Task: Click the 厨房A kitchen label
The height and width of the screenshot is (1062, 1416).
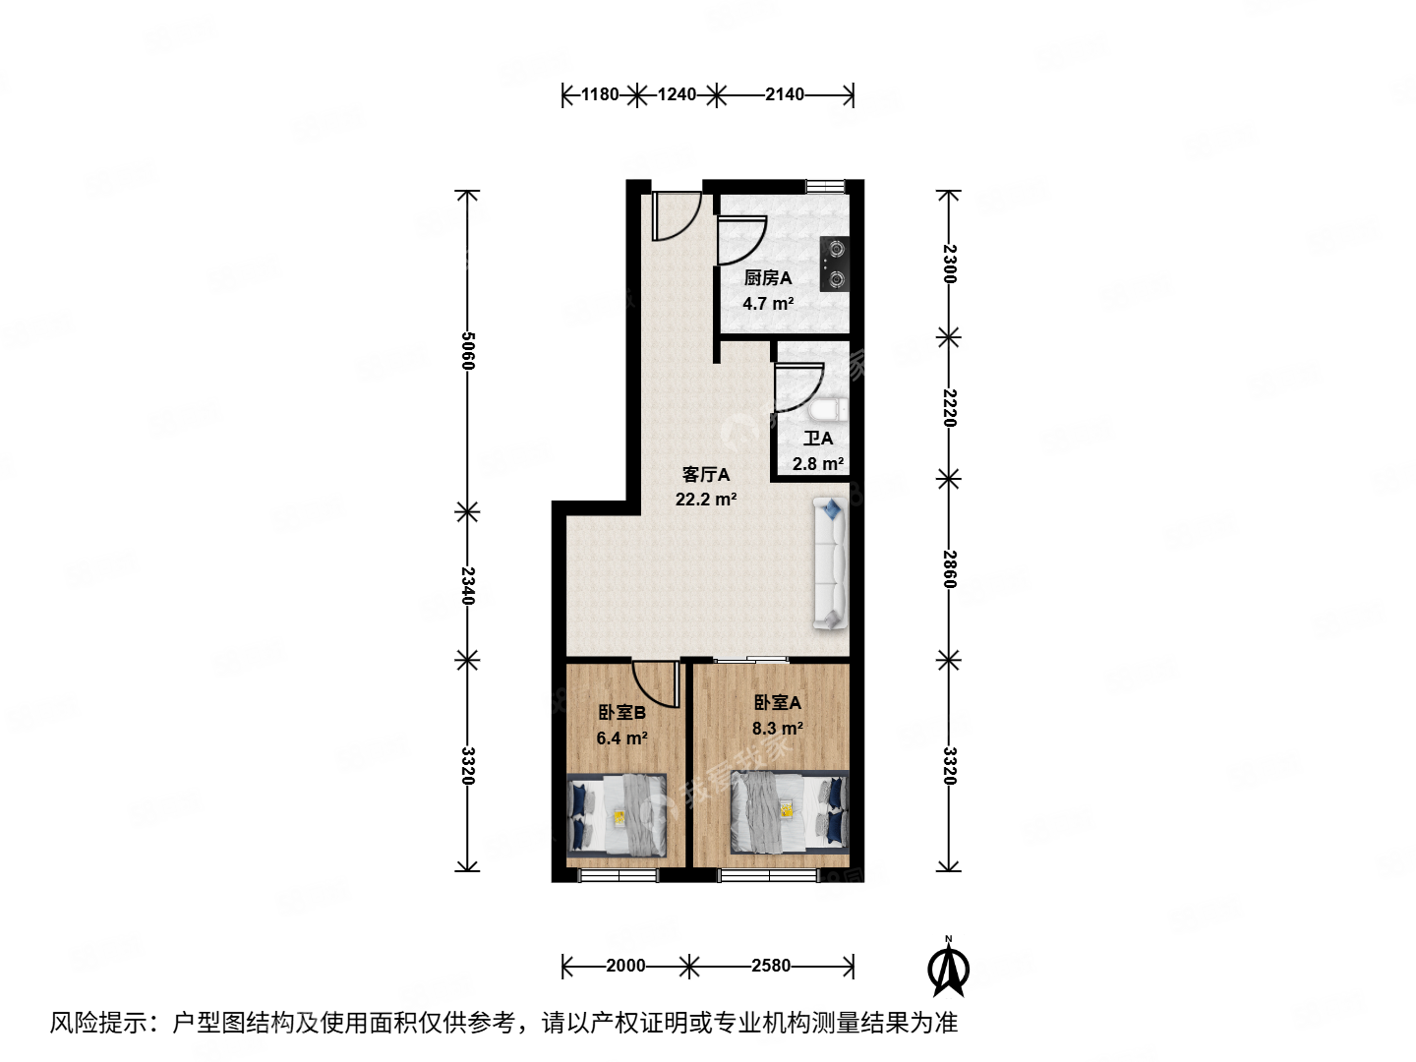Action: [767, 278]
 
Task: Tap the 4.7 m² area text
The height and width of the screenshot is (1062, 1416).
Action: [767, 304]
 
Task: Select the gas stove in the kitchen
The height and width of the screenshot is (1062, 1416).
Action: [834, 264]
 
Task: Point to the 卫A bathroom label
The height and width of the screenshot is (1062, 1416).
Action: [818, 439]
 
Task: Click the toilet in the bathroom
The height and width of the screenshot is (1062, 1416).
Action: [829, 410]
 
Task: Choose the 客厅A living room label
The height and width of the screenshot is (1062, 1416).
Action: [706, 475]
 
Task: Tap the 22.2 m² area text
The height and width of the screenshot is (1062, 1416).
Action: [706, 500]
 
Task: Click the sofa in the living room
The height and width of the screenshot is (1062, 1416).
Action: [830, 563]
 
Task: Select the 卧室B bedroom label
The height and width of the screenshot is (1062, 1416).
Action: [621, 713]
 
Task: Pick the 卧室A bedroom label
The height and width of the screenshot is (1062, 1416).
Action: [777, 703]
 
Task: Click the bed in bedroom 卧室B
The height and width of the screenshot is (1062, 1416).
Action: [618, 814]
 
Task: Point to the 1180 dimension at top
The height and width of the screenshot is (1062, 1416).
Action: [600, 94]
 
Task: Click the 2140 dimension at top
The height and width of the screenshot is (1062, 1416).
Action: [785, 94]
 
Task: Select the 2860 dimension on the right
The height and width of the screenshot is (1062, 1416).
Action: [949, 569]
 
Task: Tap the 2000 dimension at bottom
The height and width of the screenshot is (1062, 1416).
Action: [625, 966]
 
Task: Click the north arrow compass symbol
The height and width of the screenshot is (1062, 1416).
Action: [949, 968]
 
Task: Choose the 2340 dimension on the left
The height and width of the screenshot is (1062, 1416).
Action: [468, 586]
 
